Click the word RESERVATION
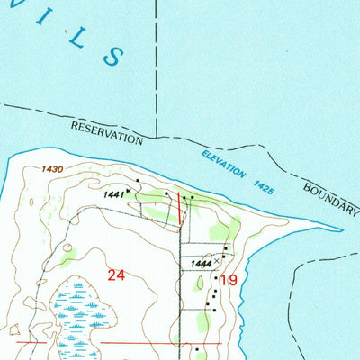click(107, 134)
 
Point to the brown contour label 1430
click(52, 168)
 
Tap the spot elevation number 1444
click(202, 263)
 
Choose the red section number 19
click(229, 282)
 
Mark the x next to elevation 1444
click(216, 261)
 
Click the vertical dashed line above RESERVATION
click(156, 63)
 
